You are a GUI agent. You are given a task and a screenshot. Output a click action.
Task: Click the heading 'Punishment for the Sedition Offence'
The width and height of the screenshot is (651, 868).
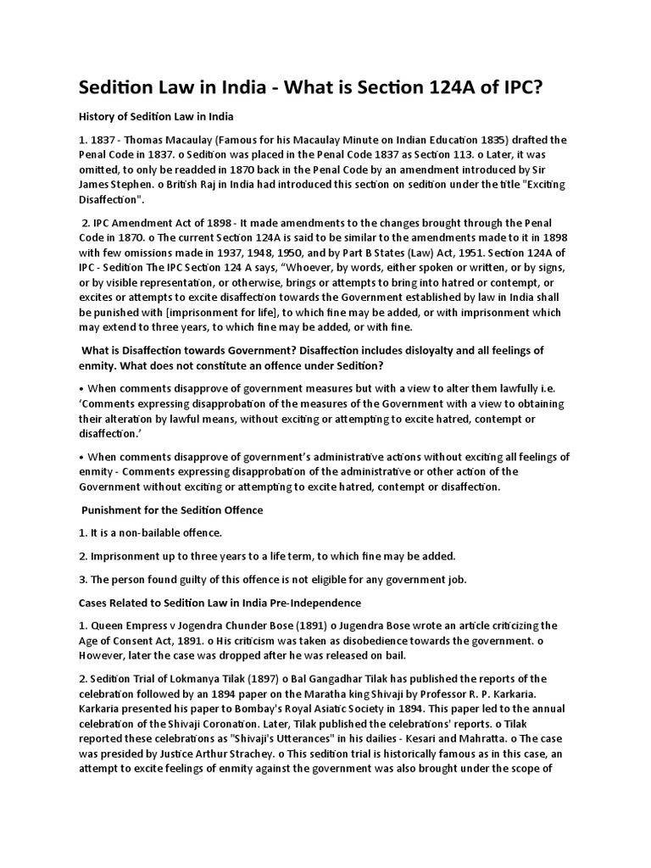172,510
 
